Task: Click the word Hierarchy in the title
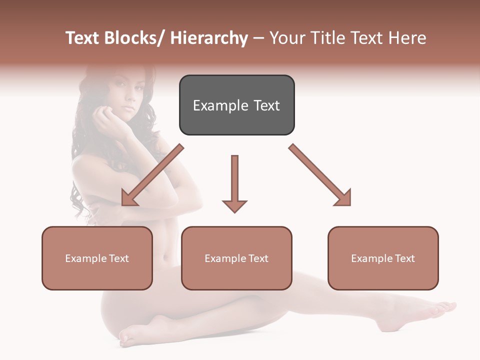coord(209,38)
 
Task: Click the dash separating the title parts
coord(258,38)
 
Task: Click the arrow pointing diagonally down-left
coord(150,176)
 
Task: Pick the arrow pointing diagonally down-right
coord(321,176)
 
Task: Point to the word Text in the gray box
coord(266,105)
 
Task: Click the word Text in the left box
coord(118,258)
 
